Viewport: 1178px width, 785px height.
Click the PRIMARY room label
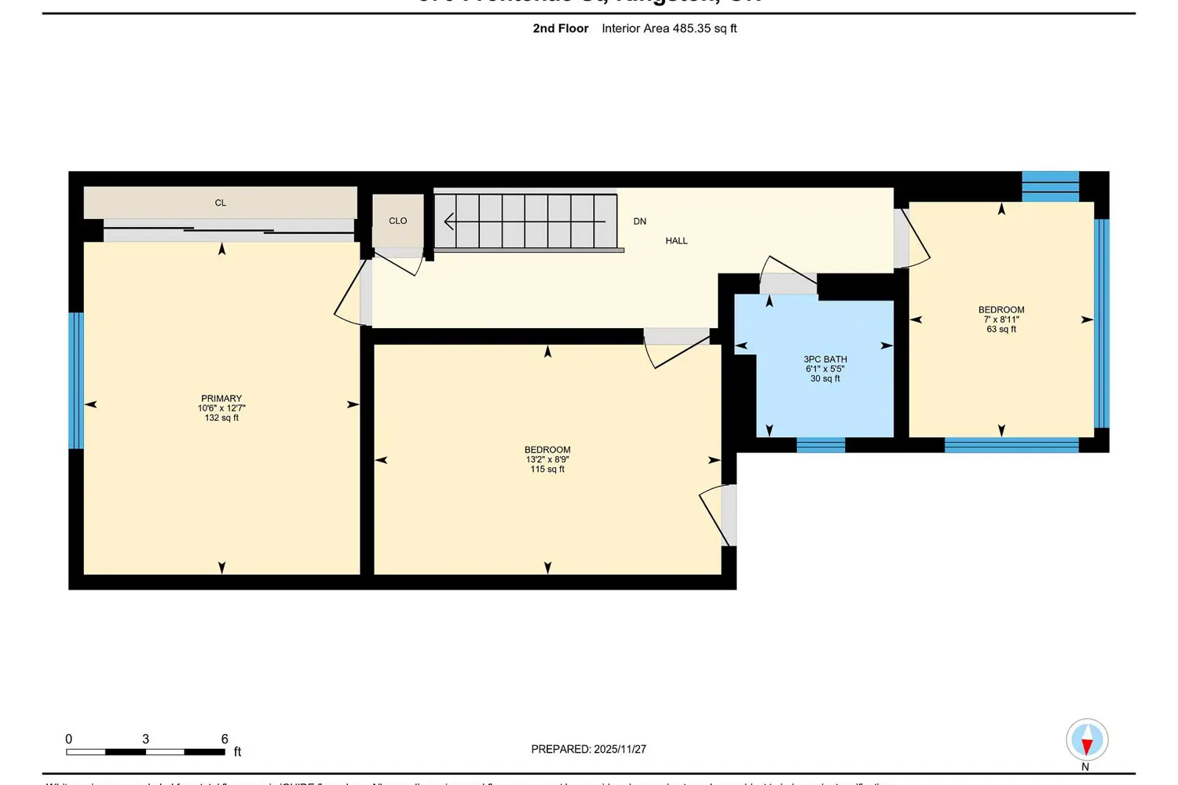(x=221, y=398)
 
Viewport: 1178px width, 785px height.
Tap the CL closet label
(x=221, y=203)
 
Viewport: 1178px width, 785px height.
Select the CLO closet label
(x=398, y=221)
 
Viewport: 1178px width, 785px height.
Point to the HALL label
(x=676, y=241)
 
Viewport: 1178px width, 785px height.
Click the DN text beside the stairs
(x=640, y=221)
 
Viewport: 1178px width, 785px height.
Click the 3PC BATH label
(x=825, y=359)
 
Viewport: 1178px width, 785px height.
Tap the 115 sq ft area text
(x=547, y=469)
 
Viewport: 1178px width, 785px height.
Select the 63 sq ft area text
(x=1001, y=330)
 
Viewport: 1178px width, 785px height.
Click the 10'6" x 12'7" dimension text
(x=221, y=408)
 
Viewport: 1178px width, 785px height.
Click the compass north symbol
(x=1087, y=739)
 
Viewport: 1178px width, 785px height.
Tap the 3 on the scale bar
(x=145, y=739)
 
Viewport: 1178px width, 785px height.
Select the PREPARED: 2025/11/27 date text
(x=588, y=749)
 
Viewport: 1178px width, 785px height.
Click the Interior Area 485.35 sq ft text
(x=669, y=28)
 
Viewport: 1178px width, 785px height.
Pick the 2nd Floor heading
(x=561, y=28)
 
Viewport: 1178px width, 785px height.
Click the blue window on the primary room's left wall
(x=76, y=381)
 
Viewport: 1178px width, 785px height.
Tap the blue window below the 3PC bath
(x=821, y=445)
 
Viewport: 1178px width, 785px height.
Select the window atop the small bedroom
(x=1050, y=187)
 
